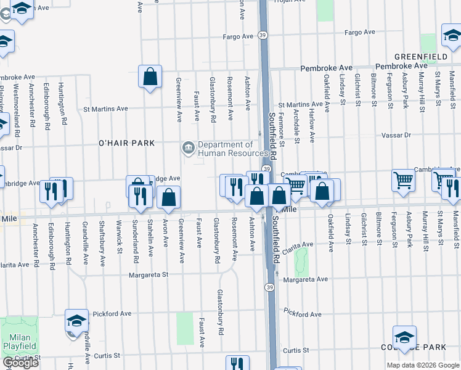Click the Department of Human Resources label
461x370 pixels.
click(232, 149)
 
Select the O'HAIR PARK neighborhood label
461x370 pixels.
click(126, 143)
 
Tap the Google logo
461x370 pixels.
click(20, 363)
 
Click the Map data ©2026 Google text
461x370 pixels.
click(422, 365)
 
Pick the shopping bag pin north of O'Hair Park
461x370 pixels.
click(150, 76)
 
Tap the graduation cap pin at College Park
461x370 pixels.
click(404, 337)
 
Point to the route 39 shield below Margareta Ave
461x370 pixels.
click(270, 287)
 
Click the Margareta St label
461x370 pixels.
click(148, 275)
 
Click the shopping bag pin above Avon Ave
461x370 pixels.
click(168, 197)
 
